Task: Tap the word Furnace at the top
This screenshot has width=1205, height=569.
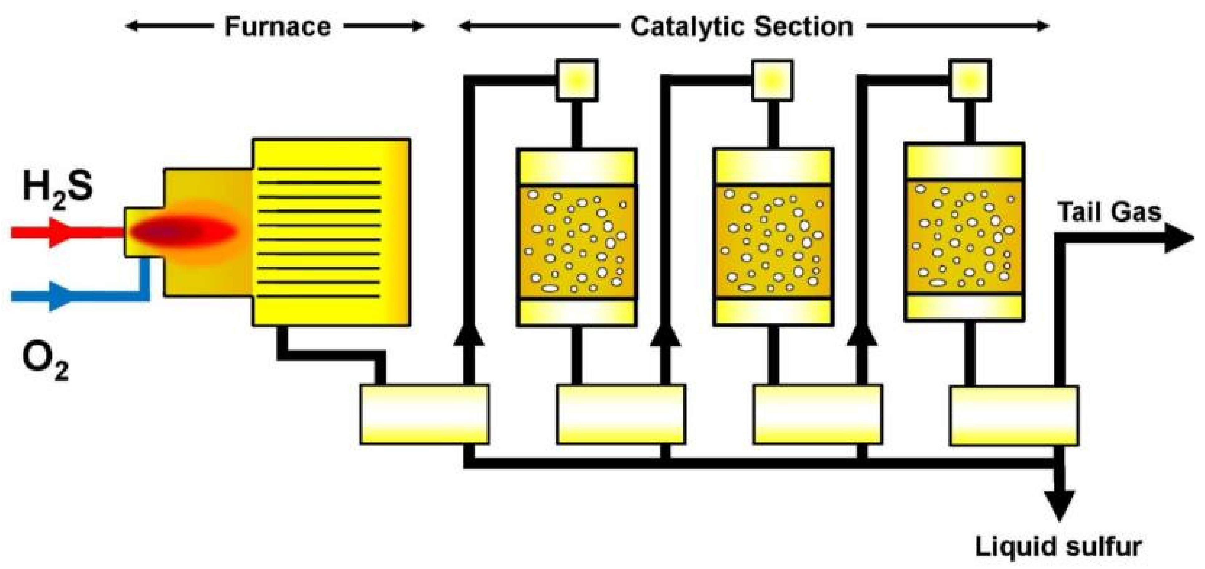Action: (278, 27)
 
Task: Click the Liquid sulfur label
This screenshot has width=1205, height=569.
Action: (1058, 546)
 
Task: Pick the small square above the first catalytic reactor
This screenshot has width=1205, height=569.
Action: (577, 80)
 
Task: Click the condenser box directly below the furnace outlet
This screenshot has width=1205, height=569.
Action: (424, 414)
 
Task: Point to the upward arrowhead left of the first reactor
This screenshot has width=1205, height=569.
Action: (469, 334)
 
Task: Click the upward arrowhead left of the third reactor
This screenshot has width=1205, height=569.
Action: (862, 334)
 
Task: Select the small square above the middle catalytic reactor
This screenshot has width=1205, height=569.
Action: (773, 80)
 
